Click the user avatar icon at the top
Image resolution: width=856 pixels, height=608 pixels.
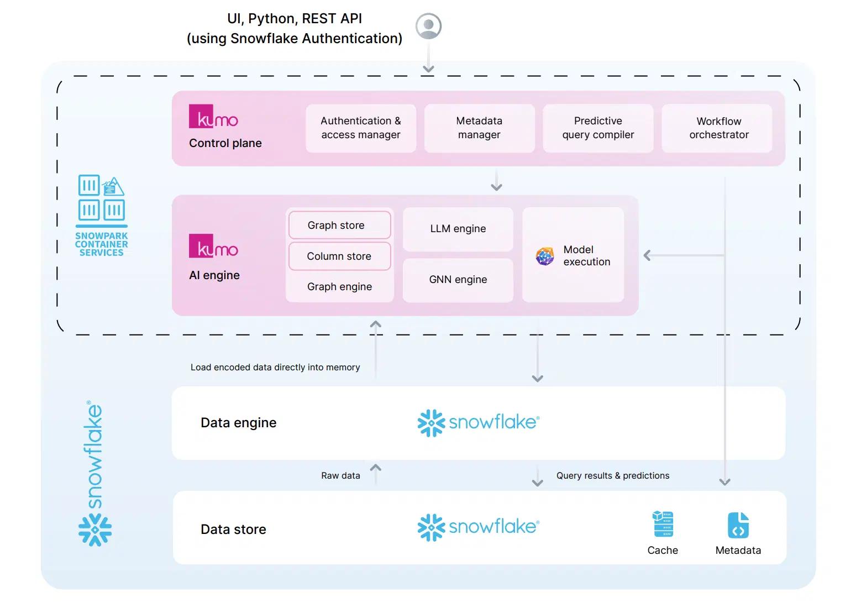428,26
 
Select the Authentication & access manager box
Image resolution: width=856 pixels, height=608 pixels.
361,128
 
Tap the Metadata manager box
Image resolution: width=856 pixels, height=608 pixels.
479,128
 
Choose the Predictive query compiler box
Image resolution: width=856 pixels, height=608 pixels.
598,128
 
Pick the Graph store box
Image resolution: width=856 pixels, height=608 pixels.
339,226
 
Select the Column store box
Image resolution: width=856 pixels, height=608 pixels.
339,256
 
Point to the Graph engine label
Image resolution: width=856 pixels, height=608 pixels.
339,287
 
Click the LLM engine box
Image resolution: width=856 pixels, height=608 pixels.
458,229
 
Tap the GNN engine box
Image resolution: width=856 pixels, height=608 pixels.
458,280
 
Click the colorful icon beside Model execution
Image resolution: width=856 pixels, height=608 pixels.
545,256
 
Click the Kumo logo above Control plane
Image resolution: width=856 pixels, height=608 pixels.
214,117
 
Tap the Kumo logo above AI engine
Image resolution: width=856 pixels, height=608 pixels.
214,247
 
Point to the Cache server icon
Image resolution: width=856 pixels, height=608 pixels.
663,525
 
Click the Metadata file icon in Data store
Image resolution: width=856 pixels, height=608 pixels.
738,526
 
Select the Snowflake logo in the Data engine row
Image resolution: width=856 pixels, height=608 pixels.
479,423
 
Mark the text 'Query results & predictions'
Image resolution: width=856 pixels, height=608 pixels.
612,476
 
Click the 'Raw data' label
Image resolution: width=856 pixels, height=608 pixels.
340,476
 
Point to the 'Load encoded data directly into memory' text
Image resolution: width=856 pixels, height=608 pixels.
275,368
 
